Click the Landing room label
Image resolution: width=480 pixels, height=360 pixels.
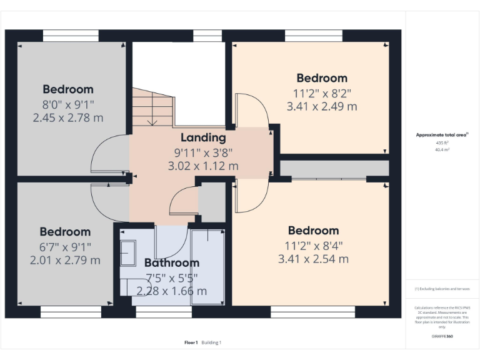click(203, 137)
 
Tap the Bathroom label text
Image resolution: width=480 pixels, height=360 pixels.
click(172, 262)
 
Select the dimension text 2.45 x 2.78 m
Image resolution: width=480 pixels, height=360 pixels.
click(68, 116)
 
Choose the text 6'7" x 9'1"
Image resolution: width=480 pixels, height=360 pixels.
click(65, 246)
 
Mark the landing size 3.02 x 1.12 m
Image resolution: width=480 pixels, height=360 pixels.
click(203, 166)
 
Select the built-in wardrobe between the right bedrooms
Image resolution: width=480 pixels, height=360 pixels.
click(334, 168)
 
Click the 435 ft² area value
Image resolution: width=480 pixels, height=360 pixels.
click(442, 142)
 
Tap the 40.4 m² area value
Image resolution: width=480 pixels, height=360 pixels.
click(442, 149)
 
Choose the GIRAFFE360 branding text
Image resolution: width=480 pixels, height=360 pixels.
click(442, 336)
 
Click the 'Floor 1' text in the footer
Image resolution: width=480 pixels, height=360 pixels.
click(191, 342)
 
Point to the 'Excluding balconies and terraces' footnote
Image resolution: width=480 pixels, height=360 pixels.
click(442, 289)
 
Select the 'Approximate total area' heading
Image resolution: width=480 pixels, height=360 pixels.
click(441, 135)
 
